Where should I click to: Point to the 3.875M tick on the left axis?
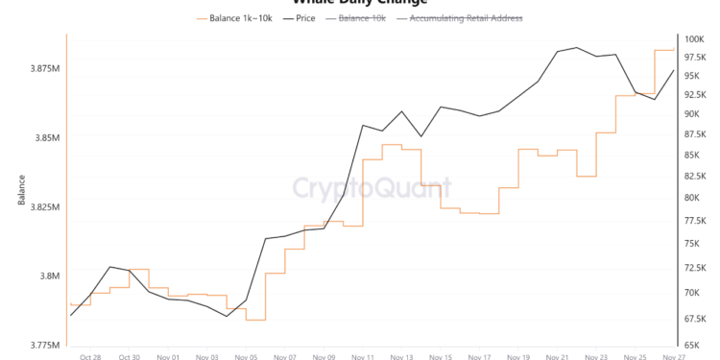[45, 69]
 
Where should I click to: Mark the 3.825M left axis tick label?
[45, 207]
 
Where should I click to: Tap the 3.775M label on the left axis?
[45, 345]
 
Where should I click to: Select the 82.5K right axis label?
[695, 176]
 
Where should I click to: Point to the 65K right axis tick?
[693, 345]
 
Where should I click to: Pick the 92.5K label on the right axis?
[695, 94]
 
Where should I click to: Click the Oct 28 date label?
[91, 356]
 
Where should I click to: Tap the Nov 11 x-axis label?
[363, 356]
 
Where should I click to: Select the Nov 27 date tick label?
[674, 356]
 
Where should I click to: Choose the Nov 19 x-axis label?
[518, 356]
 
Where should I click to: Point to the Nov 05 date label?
[247, 356]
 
